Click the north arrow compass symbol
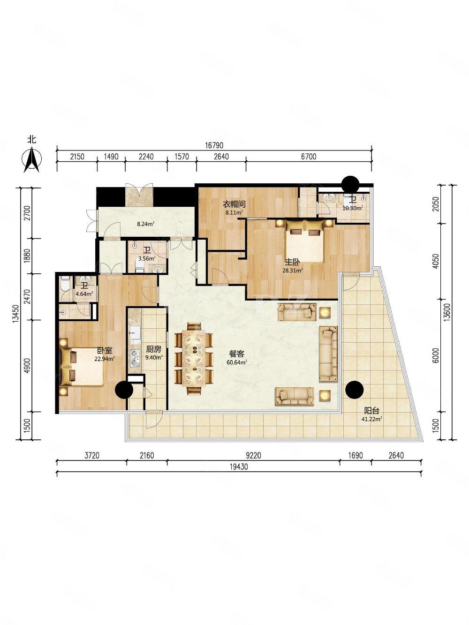coord(32,160)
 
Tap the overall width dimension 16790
coord(214,145)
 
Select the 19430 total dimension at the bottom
coord(239,467)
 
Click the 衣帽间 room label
coord(234,204)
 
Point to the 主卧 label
coord(292,262)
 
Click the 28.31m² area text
coord(293,271)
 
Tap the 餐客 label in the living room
coord(237,354)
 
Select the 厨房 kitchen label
coord(153,349)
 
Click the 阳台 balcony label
coord(372,411)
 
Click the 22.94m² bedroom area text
coord(105,359)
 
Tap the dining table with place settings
coord(194,358)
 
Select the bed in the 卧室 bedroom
coord(82,367)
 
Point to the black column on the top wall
coord(350,185)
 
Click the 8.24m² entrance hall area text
coord(145,224)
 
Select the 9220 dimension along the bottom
coord(253,455)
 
